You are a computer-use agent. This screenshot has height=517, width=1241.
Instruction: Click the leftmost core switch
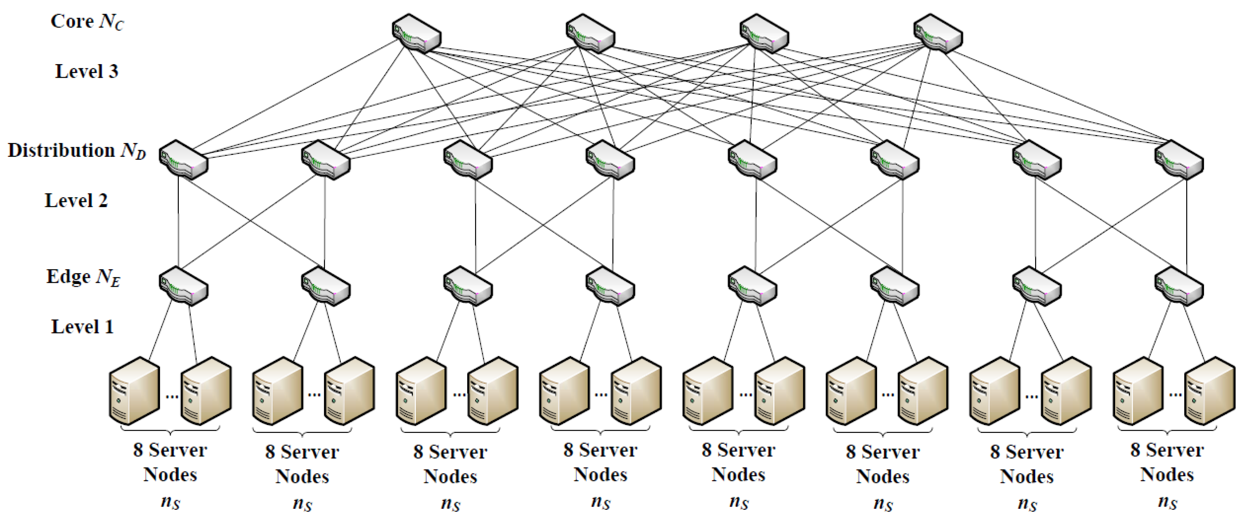click(x=416, y=33)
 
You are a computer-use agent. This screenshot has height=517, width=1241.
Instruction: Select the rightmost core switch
click(x=938, y=33)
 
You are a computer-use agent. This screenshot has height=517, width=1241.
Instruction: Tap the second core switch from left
click(x=590, y=33)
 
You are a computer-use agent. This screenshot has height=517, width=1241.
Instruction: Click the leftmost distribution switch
click(x=184, y=160)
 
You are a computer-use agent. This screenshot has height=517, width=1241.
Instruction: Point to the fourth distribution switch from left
click(x=610, y=160)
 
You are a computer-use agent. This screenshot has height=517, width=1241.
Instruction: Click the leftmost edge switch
click(x=184, y=286)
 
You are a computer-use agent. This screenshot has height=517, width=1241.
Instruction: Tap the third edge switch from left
click(x=468, y=286)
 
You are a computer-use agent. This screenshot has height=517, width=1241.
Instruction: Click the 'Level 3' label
click(x=87, y=71)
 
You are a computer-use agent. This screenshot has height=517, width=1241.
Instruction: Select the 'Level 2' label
click(x=76, y=200)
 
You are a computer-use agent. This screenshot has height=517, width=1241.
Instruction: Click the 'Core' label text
click(x=72, y=21)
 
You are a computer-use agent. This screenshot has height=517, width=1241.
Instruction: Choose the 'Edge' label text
click(x=68, y=276)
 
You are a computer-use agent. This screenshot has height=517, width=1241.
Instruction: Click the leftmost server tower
click(x=134, y=391)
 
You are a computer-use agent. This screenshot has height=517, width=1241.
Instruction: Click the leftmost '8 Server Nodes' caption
click(x=170, y=462)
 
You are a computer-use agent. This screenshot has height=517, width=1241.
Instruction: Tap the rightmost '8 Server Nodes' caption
click(x=1167, y=462)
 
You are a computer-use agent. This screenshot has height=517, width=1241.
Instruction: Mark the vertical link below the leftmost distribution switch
click(x=179, y=221)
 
